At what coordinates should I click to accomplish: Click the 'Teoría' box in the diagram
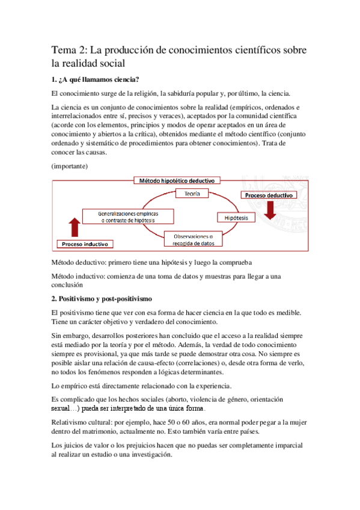pyautogui.click(x=192, y=194)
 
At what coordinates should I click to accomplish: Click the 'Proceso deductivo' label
pyautogui.click(x=269, y=195)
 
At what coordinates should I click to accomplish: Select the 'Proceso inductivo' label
pyautogui.click(x=85, y=244)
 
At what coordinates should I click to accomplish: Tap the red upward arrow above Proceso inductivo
pyautogui.click(x=75, y=228)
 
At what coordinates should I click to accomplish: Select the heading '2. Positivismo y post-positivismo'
pyautogui.click(x=102, y=298)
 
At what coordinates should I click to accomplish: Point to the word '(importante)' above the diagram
pyautogui.click(x=70, y=165)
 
